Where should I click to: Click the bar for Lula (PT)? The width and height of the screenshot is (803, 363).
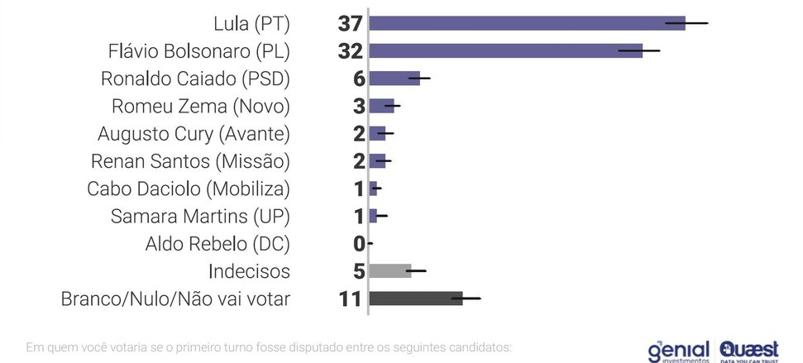click(x=527, y=23)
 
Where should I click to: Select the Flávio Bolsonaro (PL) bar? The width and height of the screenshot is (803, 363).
click(x=505, y=51)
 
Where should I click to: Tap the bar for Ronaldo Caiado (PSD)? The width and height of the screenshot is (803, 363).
click(x=394, y=79)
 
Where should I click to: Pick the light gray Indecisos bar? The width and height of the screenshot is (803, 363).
click(x=390, y=270)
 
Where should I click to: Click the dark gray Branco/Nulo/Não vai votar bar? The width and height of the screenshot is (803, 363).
click(x=416, y=298)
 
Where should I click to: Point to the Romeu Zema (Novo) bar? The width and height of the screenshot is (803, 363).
click(x=381, y=106)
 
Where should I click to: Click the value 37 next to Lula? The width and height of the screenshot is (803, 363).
click(x=351, y=24)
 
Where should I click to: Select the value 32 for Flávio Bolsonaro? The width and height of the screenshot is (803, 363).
click(x=351, y=51)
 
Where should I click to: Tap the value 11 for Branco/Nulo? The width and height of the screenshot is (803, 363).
click(x=351, y=299)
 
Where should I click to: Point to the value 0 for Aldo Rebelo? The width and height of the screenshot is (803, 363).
click(x=359, y=243)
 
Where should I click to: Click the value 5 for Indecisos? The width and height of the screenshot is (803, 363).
click(x=359, y=270)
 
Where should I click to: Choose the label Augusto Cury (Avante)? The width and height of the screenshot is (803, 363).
click(x=194, y=134)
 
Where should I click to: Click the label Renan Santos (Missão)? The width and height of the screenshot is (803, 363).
click(x=194, y=161)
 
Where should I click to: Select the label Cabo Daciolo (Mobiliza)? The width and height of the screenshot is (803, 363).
click(x=189, y=189)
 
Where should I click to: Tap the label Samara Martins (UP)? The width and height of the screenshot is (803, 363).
click(x=200, y=217)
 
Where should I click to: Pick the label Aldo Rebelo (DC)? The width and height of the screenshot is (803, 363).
click(x=217, y=244)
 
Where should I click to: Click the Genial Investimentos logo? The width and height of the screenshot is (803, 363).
click(x=679, y=351)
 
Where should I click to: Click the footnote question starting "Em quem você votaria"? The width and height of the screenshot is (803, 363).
click(x=269, y=346)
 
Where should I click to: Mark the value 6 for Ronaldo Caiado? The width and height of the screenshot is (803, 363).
click(x=359, y=79)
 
